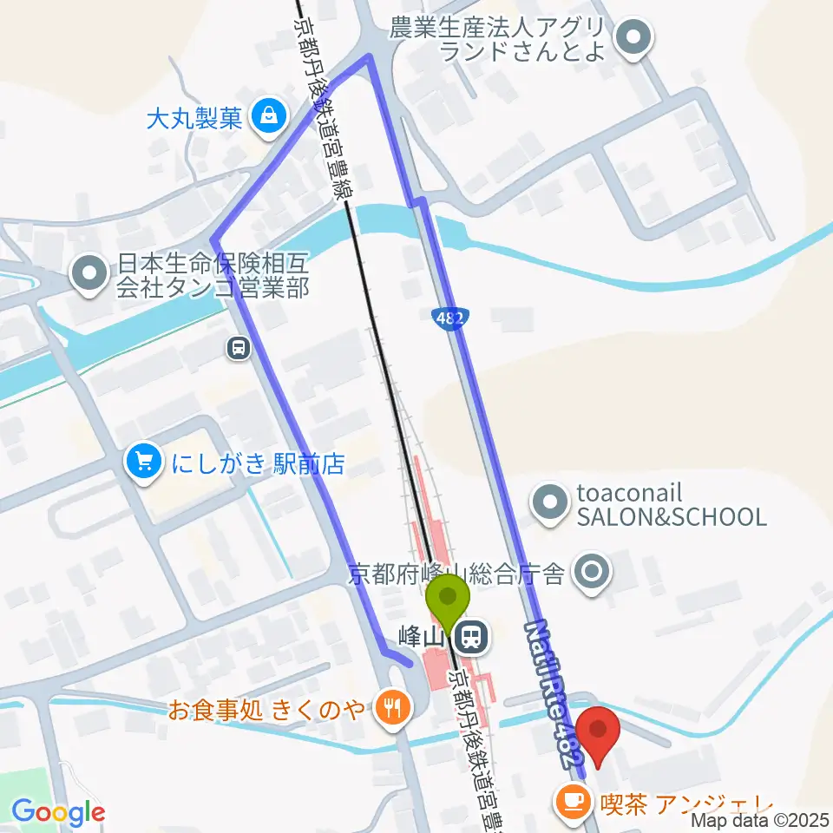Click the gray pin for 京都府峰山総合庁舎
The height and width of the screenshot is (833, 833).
point(594,572)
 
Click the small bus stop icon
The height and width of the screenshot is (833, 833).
point(238,348)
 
